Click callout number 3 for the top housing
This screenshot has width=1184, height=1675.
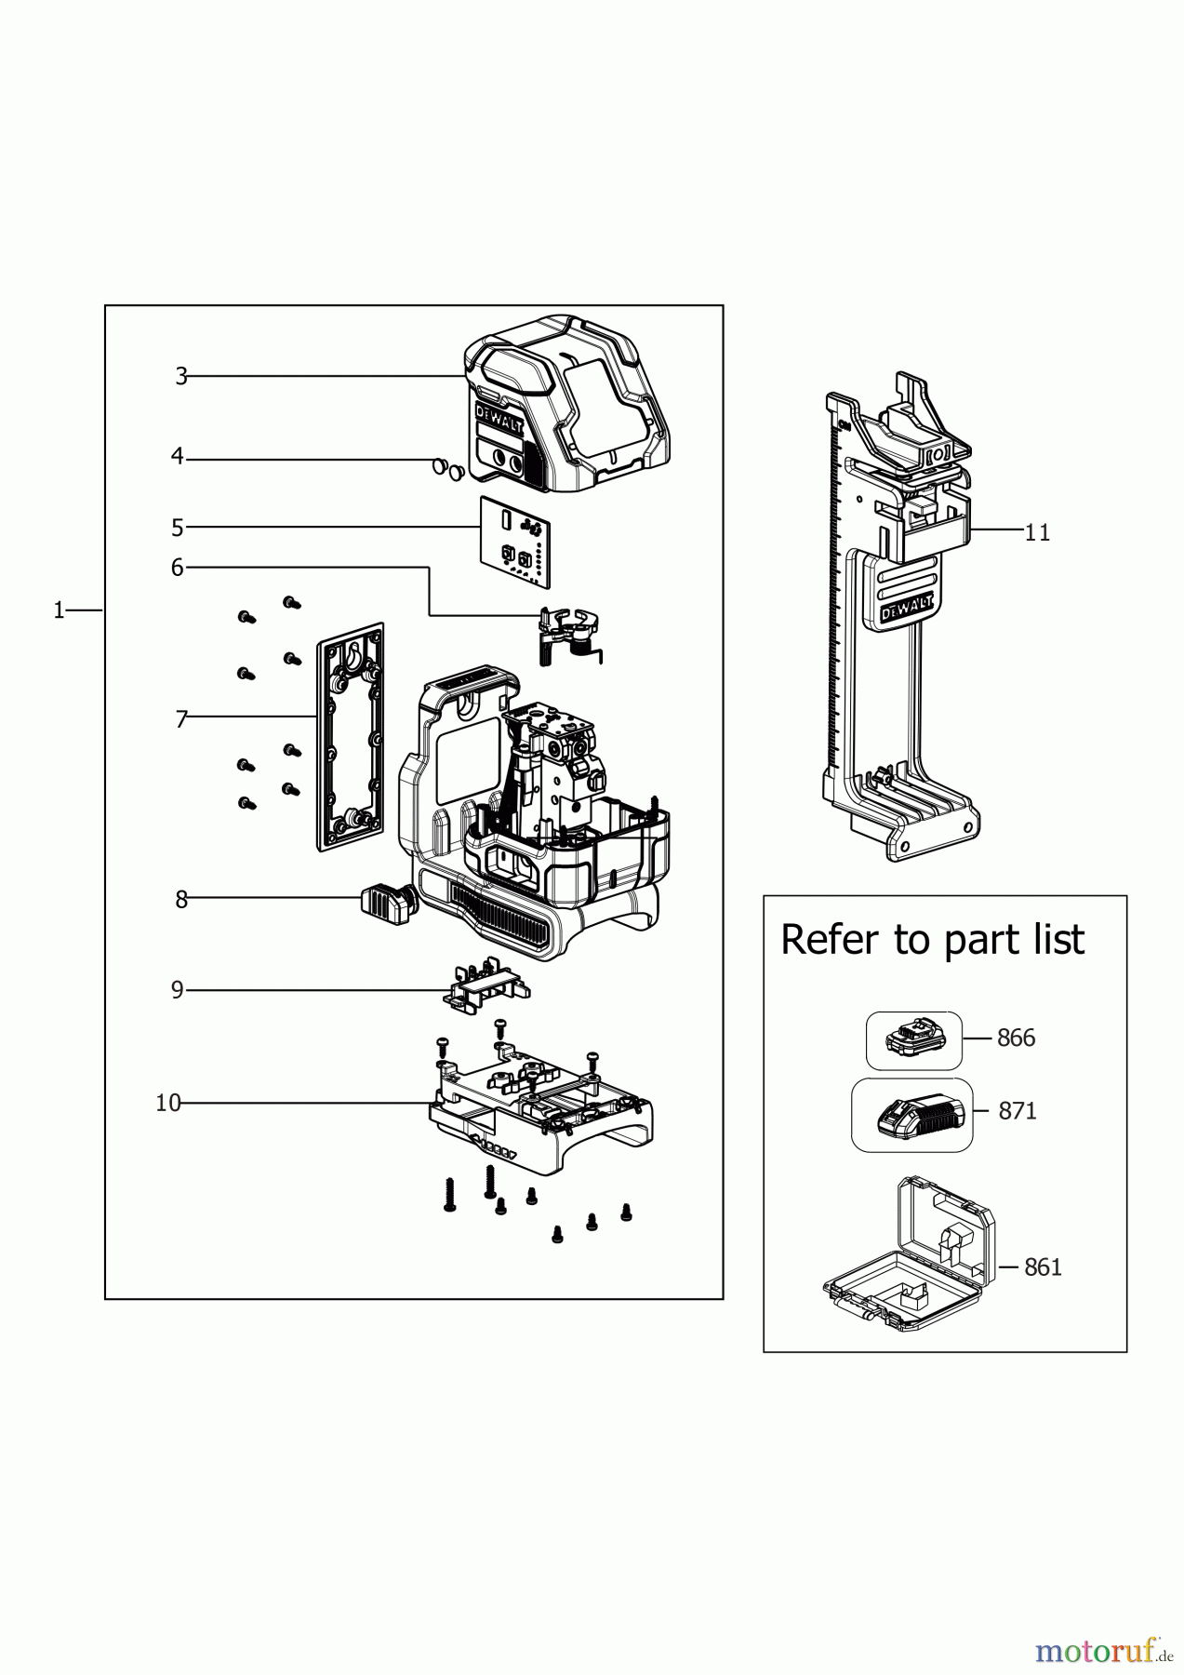tap(181, 377)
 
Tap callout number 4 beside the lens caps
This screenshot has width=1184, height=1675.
tap(178, 457)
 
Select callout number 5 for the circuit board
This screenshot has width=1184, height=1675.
tap(178, 528)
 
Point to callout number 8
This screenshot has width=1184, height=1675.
tap(181, 900)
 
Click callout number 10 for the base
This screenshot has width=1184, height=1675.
tap(168, 1104)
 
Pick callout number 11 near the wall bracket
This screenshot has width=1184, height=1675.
tap(1037, 532)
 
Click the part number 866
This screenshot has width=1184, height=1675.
tap(1016, 1038)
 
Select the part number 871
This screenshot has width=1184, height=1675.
tap(1017, 1111)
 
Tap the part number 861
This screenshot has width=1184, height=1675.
tap(1043, 1267)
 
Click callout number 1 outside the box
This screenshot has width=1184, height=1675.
tap(59, 610)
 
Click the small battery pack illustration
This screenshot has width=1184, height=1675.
tap(912, 1038)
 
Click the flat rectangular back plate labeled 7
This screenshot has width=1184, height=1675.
tap(350, 735)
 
